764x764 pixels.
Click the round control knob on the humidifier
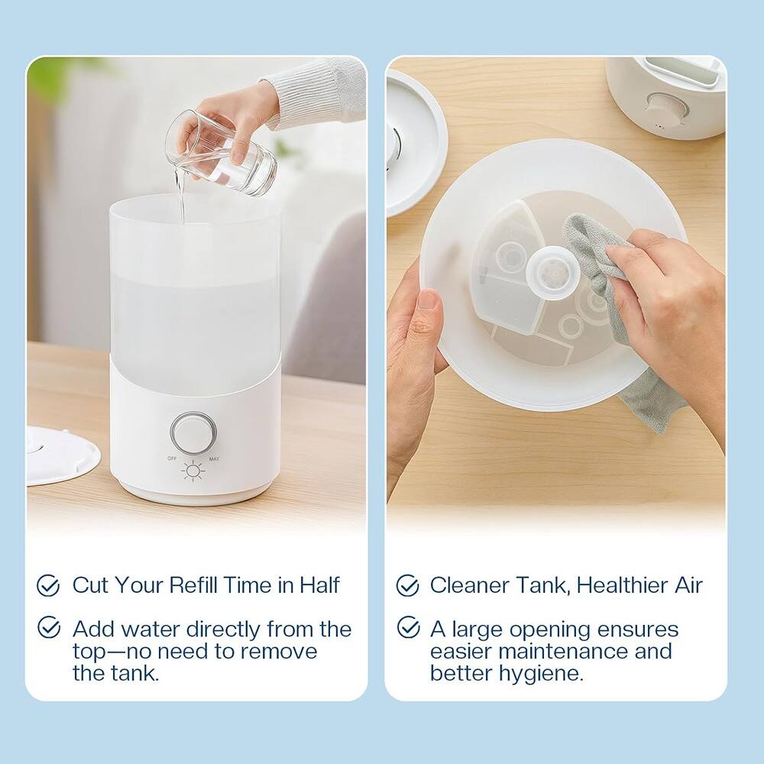189,432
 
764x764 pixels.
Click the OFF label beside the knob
172,458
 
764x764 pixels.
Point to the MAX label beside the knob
214,458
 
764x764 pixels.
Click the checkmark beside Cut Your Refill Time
49,586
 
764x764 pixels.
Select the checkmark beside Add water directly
49,628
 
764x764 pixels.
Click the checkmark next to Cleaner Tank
407,586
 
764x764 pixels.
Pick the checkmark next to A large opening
407,628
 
